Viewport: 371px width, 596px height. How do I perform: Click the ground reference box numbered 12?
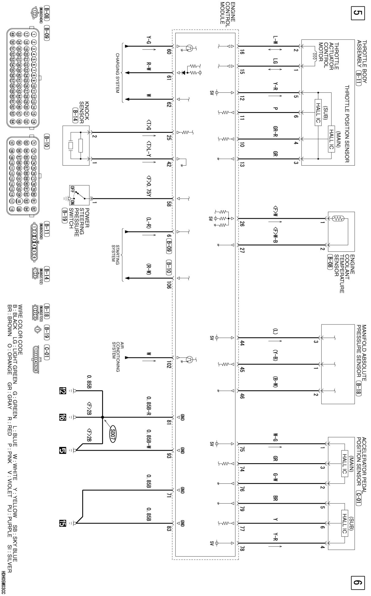click(x=63, y=391)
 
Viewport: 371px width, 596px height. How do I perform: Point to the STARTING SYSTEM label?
click(x=116, y=253)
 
